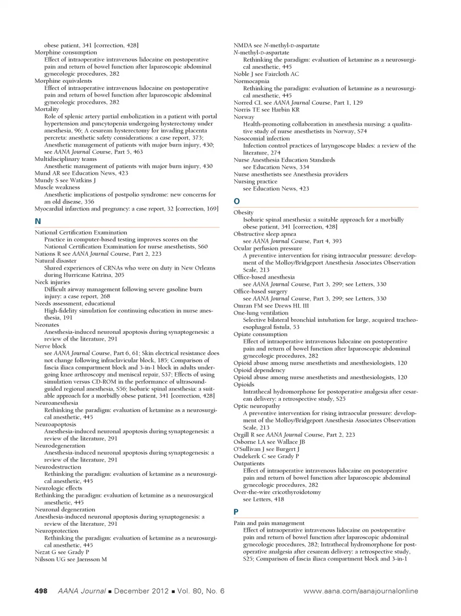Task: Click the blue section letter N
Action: pyautogui.click(x=38, y=221)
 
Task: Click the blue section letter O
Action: pyautogui.click(x=236, y=201)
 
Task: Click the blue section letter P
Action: pyautogui.click(x=236, y=512)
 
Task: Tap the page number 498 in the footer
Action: pyautogui.click(x=41, y=591)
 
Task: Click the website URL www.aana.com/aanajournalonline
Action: pyautogui.click(x=361, y=591)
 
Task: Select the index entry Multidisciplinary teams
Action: pyautogui.click(x=65, y=159)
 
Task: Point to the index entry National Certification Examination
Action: pyautogui.click(x=81, y=232)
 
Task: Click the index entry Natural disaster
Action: pyautogui.click(x=55, y=261)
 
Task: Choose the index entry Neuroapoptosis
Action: pyautogui.click(x=55, y=424)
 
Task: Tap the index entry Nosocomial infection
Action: pyautogui.click(x=262, y=138)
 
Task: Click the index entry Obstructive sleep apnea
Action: pyautogui.click(x=265, y=234)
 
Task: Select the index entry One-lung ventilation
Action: pyautogui.click(x=261, y=313)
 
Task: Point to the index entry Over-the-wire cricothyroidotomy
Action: pyautogui.click(x=277, y=492)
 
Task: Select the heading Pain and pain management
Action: pyautogui.click(x=269, y=523)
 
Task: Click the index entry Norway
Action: pyautogui.click(x=244, y=117)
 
